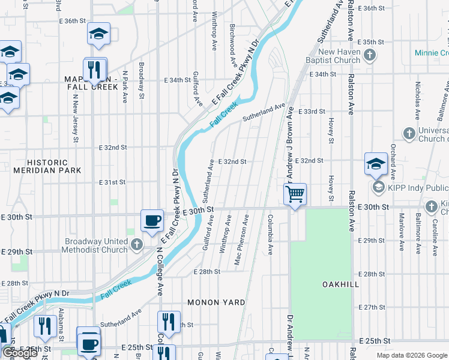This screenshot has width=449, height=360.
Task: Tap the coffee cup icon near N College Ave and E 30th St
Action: pyautogui.click(x=152, y=220)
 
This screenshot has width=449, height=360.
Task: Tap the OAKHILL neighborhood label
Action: pyautogui.click(x=340, y=283)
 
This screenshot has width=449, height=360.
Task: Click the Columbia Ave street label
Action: pyautogui.click(x=270, y=234)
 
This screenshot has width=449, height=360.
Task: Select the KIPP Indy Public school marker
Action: pyautogui.click(x=379, y=188)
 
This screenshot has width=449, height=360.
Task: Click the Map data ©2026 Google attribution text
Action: pyautogui.click(x=411, y=355)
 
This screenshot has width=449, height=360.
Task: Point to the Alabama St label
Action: pyautogui.click(x=61, y=322)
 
